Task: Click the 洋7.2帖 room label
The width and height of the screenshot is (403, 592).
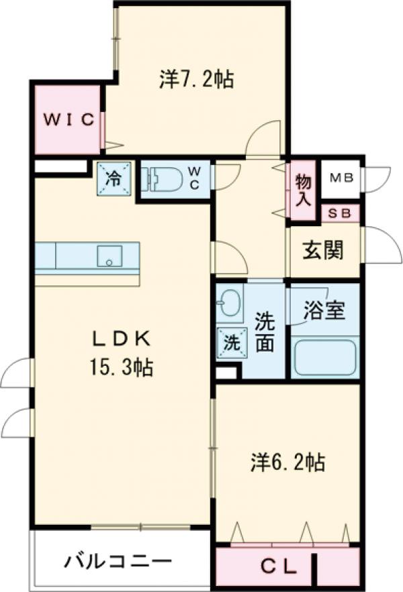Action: [197, 81]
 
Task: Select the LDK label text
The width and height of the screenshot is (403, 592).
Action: [120, 340]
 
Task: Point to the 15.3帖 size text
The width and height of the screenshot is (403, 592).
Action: [120, 367]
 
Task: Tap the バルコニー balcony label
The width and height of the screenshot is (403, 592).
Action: [118, 561]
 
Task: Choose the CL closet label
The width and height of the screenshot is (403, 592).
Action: [278, 567]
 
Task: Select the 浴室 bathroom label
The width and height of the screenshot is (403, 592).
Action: [324, 311]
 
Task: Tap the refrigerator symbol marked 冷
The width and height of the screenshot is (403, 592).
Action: [115, 179]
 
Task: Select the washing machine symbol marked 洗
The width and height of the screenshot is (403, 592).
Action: [230, 344]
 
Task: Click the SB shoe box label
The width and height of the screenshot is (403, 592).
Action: [341, 213]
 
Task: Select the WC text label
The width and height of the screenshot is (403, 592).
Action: [193, 178]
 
